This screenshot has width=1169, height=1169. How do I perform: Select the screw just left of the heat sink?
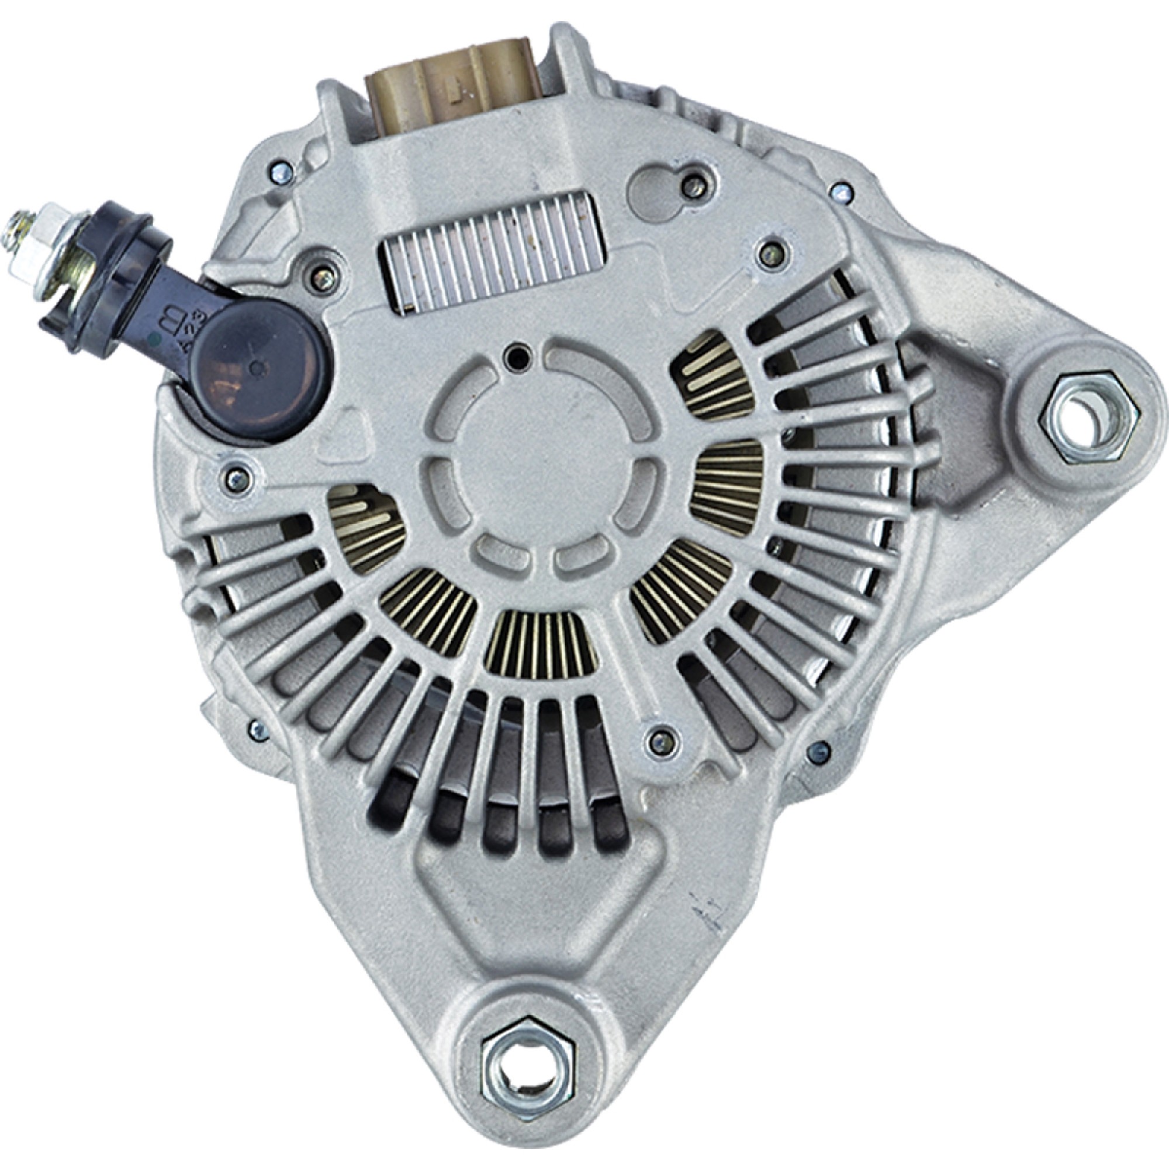tap(324, 277)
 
